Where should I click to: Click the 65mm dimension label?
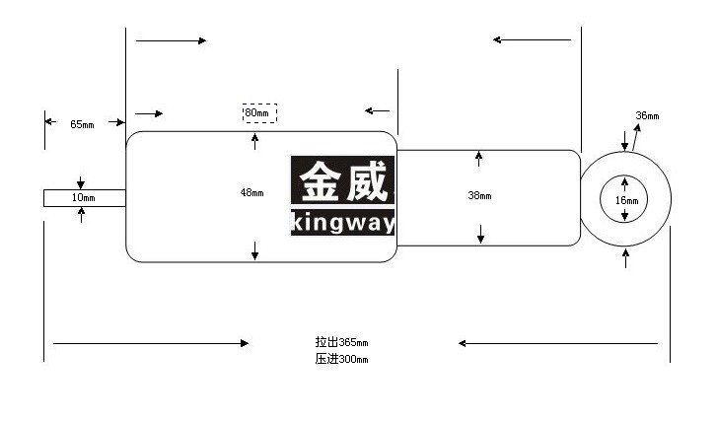coord(82,124)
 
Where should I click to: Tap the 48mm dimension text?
coord(251,192)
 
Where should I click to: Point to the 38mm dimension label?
coord(479,195)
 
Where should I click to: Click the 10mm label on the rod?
coord(83,197)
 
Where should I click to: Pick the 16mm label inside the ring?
coord(626,200)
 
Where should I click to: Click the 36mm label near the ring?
coord(648,115)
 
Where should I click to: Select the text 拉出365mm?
coord(341,342)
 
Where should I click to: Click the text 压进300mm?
coord(341,359)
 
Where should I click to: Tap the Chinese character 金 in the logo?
coord(321,181)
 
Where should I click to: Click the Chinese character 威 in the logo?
coord(367,181)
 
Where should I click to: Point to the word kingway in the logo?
coord(342,223)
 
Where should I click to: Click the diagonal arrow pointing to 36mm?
coord(636,137)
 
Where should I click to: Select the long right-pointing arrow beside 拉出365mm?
coord(151,343)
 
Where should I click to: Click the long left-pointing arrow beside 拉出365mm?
coord(558,343)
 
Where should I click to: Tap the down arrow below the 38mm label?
coord(480,234)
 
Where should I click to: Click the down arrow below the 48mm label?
coord(255,251)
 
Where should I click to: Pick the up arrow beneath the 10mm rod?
coord(82,215)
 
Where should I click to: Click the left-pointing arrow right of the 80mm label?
coord(378,110)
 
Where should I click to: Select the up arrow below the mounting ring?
coord(625,258)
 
